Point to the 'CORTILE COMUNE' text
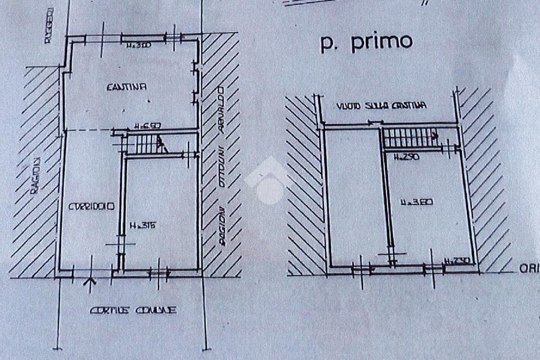click(133, 310)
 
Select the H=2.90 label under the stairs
click(406, 156)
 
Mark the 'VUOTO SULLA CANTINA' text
click(381, 106)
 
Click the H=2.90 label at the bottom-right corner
click(457, 261)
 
